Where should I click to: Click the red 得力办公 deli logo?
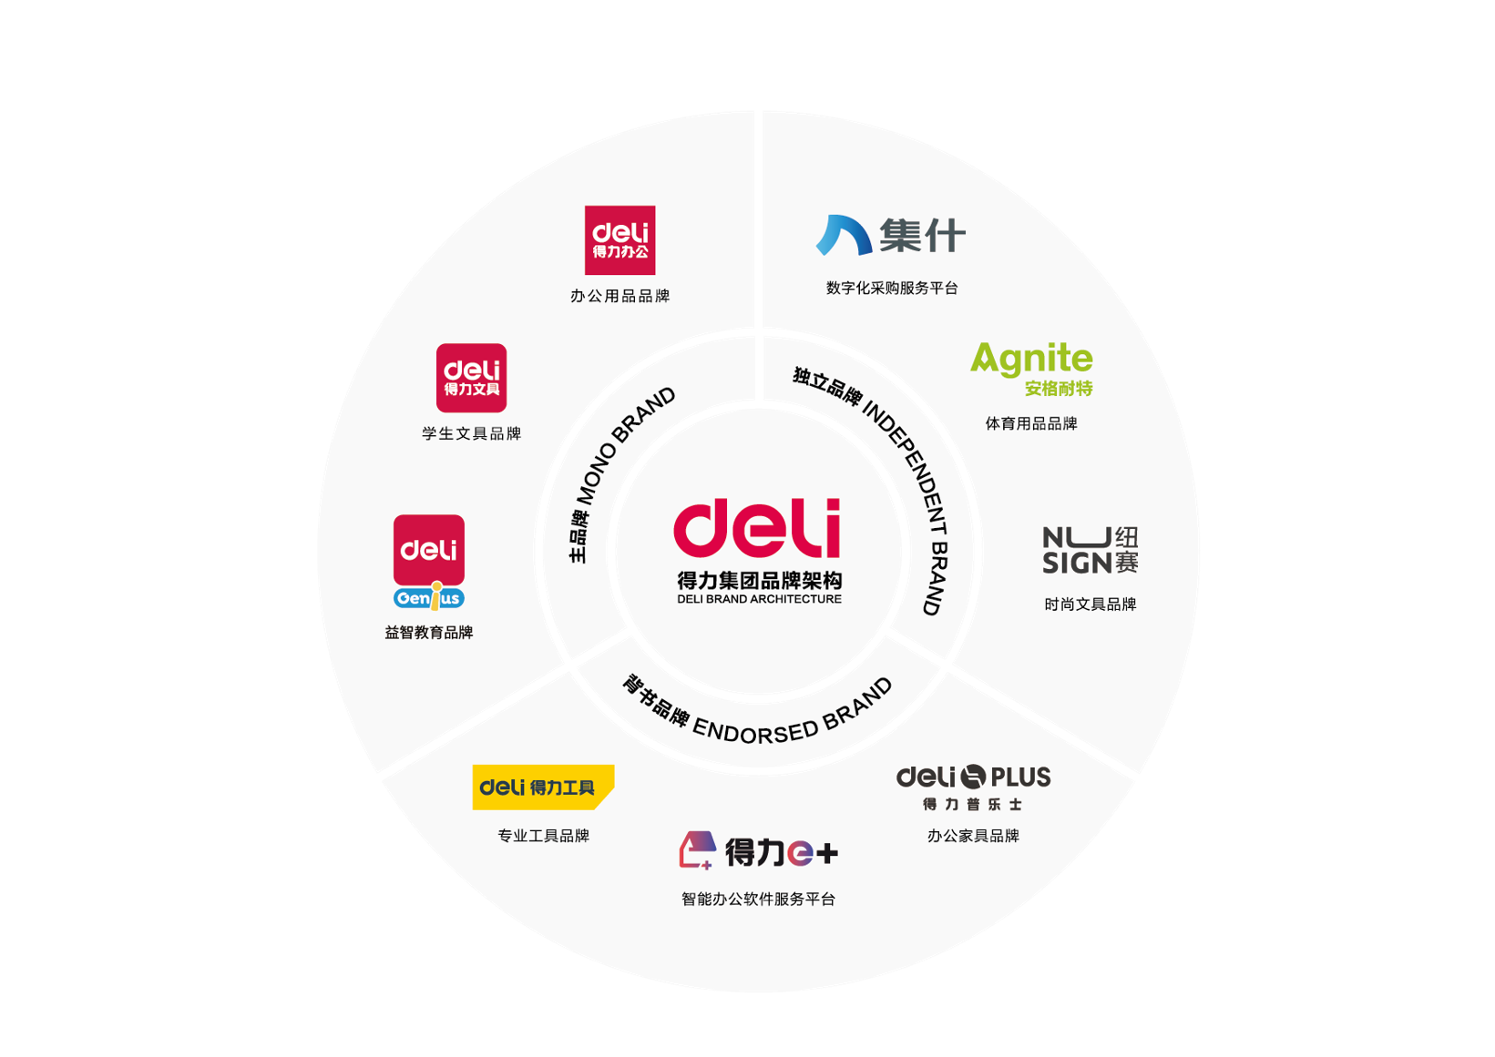[x=620, y=239]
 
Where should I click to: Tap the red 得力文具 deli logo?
[x=471, y=378]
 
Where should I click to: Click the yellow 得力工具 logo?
[x=543, y=787]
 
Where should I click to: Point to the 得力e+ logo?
[x=758, y=851]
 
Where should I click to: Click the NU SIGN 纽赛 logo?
[x=1090, y=550]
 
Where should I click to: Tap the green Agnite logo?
[x=1031, y=367]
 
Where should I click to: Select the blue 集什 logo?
[x=890, y=235]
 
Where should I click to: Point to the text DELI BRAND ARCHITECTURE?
[x=759, y=599]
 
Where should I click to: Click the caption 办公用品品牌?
[x=620, y=296]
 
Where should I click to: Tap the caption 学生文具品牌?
[x=471, y=433]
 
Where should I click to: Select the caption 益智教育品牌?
[x=429, y=633]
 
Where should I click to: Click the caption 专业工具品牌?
[x=543, y=836]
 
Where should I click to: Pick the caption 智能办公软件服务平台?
[x=758, y=899]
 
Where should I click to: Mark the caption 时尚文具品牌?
[x=1090, y=605]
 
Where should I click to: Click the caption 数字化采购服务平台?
[x=891, y=288]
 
